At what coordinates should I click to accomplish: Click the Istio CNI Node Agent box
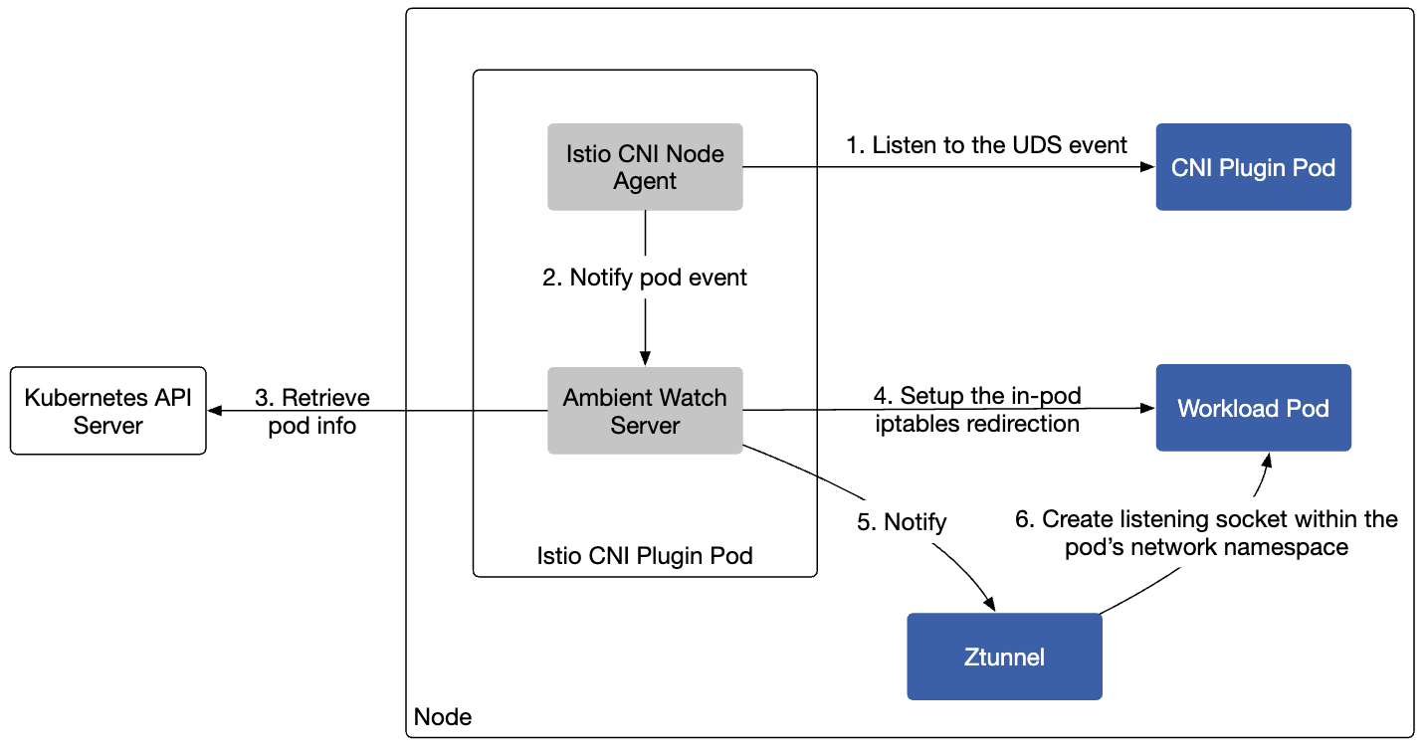(x=645, y=167)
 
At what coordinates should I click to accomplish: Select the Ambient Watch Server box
(x=645, y=411)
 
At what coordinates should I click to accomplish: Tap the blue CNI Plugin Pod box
(x=1253, y=167)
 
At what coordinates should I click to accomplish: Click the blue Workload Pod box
(x=1253, y=408)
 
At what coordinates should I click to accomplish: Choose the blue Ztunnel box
(x=1004, y=657)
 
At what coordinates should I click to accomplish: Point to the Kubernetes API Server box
(x=108, y=411)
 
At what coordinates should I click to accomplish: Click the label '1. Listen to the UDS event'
(x=986, y=145)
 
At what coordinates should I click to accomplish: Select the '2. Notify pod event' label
(x=644, y=278)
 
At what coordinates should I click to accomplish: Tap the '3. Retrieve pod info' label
(x=312, y=412)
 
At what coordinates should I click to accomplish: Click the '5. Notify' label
(x=902, y=522)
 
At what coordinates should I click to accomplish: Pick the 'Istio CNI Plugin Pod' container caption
(x=645, y=556)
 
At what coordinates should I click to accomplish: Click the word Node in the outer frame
(x=443, y=717)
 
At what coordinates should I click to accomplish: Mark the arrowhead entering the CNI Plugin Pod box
(x=1148, y=167)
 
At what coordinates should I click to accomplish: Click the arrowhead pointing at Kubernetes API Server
(x=215, y=411)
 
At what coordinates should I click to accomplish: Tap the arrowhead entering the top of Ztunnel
(x=989, y=604)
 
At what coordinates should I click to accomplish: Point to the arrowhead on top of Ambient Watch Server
(x=645, y=358)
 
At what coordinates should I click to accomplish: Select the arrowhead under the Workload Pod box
(x=1267, y=461)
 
